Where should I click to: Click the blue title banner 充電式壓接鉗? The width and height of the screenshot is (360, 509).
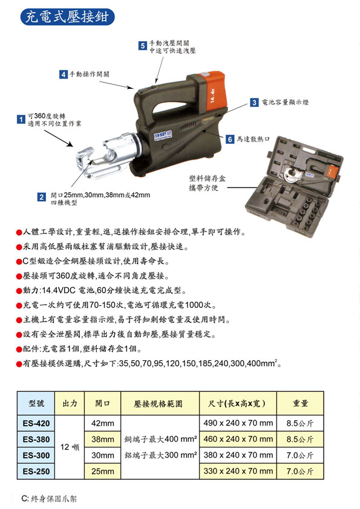pyautogui.click(x=67, y=16)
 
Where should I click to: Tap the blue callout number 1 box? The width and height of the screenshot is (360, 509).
pyautogui.click(x=21, y=119)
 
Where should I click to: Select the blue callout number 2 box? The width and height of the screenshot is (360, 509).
pyautogui.click(x=41, y=197)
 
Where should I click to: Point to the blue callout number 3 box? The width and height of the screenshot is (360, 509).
pyautogui.click(x=254, y=103)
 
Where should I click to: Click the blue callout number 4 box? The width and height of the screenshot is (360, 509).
pyautogui.click(x=64, y=74)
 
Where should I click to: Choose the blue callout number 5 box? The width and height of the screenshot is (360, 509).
pyautogui.click(x=143, y=46)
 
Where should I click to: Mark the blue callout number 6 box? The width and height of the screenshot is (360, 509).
pyautogui.click(x=230, y=139)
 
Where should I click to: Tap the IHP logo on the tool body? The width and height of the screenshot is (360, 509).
pyautogui.click(x=163, y=135)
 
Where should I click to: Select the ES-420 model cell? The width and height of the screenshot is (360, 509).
pyautogui.click(x=36, y=423)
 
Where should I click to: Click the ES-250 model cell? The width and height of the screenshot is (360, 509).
pyautogui.click(x=36, y=472)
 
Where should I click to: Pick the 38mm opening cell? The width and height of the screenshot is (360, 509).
pyautogui.click(x=103, y=439)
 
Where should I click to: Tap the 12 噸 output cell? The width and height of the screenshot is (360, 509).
pyautogui.click(x=70, y=447)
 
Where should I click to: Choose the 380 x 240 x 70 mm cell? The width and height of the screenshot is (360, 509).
pyautogui.click(x=238, y=455)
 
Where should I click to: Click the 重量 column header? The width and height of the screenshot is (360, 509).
pyautogui.click(x=300, y=403)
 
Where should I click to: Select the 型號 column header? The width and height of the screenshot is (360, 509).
pyautogui.click(x=36, y=403)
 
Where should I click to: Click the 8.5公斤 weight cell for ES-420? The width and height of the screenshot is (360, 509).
pyautogui.click(x=300, y=423)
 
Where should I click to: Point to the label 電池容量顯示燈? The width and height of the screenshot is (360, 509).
pyautogui.click(x=285, y=102)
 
